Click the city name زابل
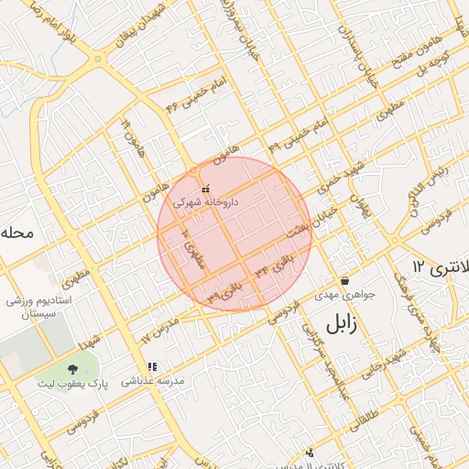click(x=339, y=323)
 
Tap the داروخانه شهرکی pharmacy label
click(x=204, y=200)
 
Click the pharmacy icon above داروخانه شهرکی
click(x=204, y=189)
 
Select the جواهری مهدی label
click(x=339, y=295)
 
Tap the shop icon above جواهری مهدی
click(x=344, y=281)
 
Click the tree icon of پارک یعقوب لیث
click(x=73, y=367)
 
